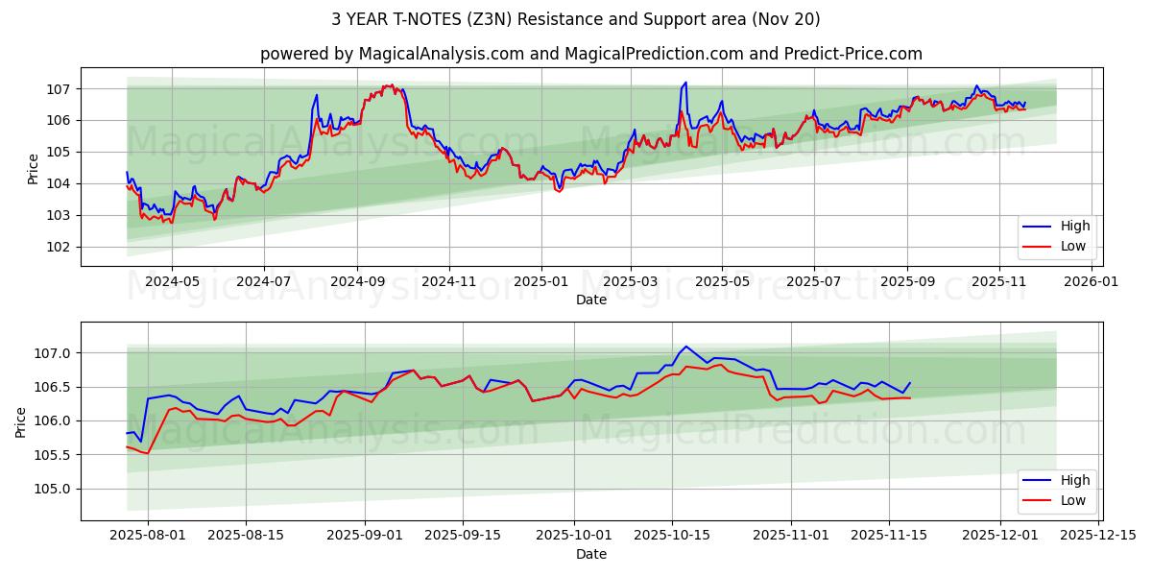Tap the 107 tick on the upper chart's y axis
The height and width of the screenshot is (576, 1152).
click(59, 89)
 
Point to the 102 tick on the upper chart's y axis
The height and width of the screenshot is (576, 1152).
click(59, 247)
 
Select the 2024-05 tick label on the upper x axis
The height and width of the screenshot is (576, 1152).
click(172, 282)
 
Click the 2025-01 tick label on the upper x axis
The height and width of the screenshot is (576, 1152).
click(540, 282)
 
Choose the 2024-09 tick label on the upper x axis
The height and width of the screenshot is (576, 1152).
click(357, 282)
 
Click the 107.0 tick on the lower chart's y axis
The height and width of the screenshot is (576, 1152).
click(53, 353)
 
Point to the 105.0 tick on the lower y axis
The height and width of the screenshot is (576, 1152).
click(53, 489)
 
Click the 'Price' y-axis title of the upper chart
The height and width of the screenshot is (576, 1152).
click(34, 168)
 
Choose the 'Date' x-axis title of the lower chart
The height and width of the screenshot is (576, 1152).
click(590, 554)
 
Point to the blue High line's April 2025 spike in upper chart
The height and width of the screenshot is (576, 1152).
click(685, 83)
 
